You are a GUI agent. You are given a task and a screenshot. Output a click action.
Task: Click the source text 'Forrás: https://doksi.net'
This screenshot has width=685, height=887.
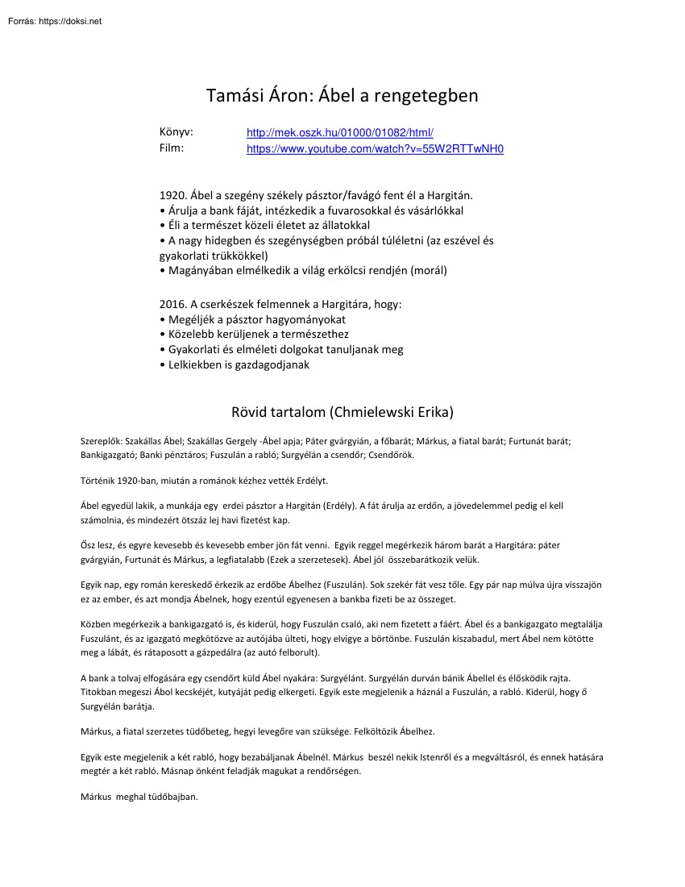54,22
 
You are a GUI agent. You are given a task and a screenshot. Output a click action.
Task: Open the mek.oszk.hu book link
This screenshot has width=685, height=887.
340,133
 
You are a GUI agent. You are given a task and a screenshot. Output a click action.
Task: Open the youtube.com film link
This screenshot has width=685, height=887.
375,149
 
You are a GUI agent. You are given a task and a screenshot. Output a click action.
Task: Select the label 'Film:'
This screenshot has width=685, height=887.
172,148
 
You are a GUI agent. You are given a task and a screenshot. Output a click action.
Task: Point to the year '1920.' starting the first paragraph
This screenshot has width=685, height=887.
174,195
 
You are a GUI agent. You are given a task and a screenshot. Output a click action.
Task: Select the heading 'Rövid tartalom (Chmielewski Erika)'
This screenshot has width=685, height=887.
342,412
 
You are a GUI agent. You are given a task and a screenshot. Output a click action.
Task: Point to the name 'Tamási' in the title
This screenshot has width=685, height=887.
235,96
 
